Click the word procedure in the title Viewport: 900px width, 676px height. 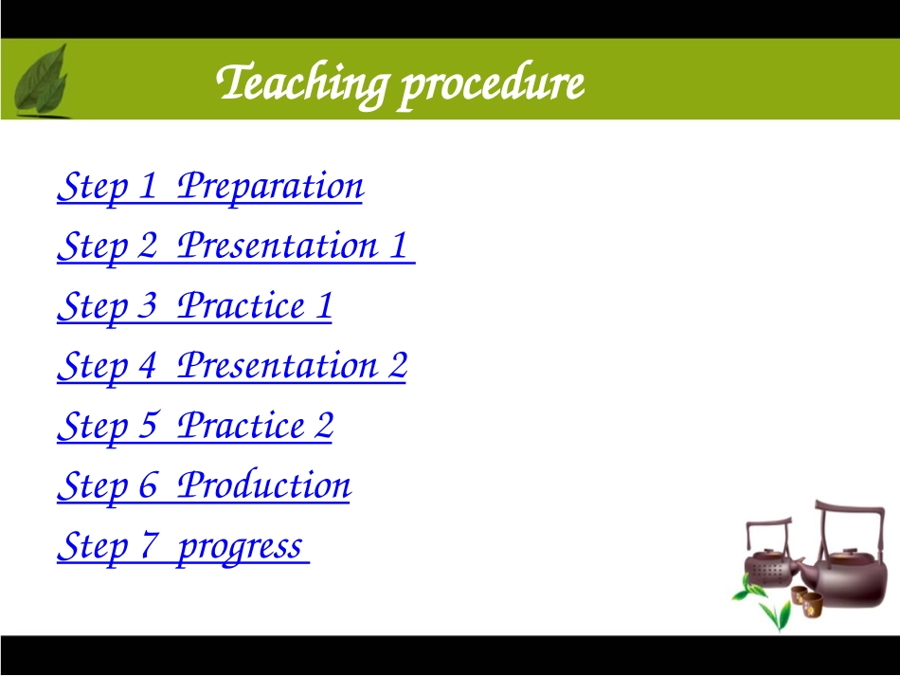coord(493,84)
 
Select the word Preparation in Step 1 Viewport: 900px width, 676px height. coord(270,187)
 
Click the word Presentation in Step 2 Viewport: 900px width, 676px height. coord(278,246)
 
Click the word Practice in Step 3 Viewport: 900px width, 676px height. coord(241,305)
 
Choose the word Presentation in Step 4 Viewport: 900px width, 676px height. coord(278,366)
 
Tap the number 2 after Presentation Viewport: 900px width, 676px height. coord(398,365)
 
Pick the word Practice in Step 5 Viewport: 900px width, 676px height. coord(241,426)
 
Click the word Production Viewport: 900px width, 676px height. coord(264,485)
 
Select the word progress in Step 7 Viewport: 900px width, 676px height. coord(240,548)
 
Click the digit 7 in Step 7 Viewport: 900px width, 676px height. coord(150,545)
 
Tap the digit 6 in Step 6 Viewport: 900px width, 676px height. coord(148,485)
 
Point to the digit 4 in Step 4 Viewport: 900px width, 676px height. coord(148,365)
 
